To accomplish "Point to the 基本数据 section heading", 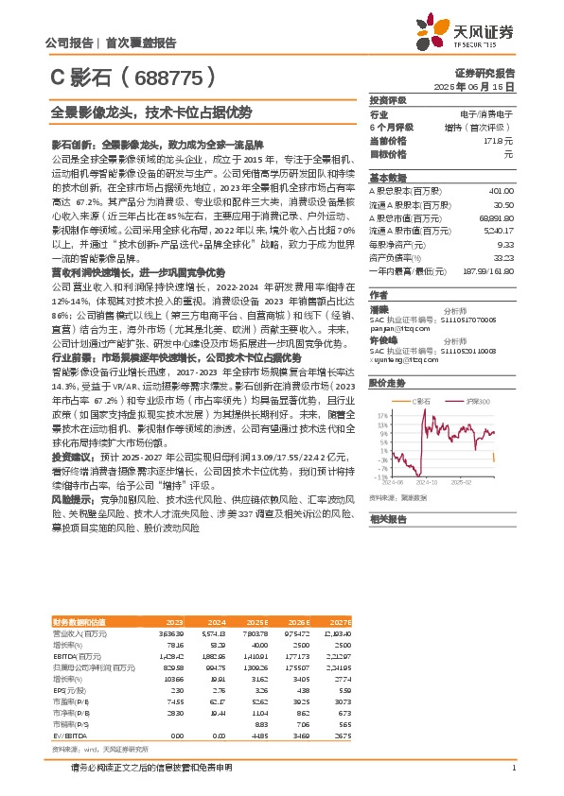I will point(387,177).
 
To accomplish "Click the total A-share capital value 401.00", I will point(502,191).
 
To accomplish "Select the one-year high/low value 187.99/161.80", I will point(487,270).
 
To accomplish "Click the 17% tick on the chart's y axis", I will point(381,388).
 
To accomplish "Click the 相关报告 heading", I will point(387,519).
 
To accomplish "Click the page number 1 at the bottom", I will point(513,768).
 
